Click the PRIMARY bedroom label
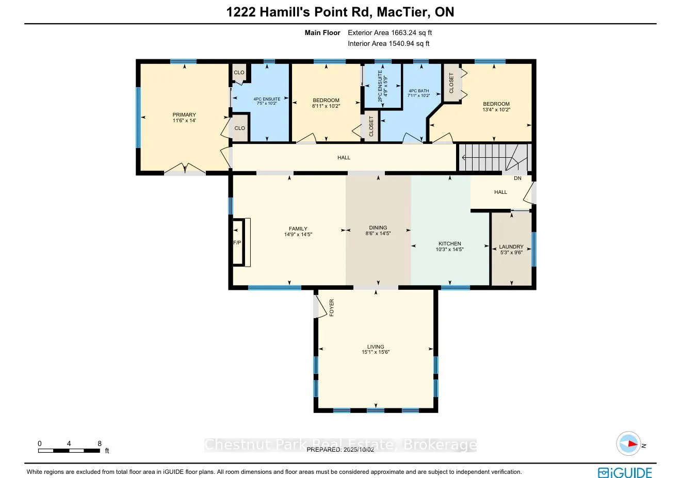click(x=184, y=114)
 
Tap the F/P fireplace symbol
click(x=241, y=242)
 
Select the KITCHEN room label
click(x=450, y=244)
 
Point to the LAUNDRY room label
click(x=511, y=247)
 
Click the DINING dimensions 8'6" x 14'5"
click(x=378, y=234)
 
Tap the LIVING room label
click(x=376, y=347)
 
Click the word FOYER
click(x=332, y=307)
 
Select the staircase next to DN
click(x=495, y=157)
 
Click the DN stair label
click(x=517, y=178)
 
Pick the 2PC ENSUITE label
click(x=380, y=86)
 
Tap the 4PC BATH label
click(x=418, y=91)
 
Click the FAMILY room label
click(x=298, y=229)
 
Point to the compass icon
click(x=628, y=443)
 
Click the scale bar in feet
click(x=69, y=451)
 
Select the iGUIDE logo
click(x=625, y=473)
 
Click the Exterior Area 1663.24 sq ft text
click(x=390, y=33)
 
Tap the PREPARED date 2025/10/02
click(x=340, y=450)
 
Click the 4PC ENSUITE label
click(x=267, y=99)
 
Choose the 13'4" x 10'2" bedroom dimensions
click(x=496, y=110)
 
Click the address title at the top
click(x=340, y=12)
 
